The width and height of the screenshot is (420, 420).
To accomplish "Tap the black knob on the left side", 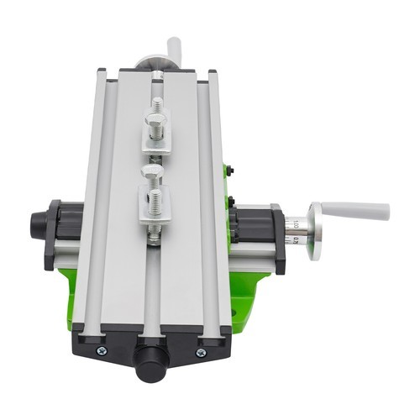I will [39, 224].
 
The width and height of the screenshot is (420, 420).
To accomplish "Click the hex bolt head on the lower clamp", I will [152, 178].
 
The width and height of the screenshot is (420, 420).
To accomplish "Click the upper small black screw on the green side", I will [230, 171].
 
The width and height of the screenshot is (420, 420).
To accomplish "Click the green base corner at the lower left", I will [71, 294].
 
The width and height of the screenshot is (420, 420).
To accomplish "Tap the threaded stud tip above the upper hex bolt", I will [157, 104].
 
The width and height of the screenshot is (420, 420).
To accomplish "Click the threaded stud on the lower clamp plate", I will [155, 202].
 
